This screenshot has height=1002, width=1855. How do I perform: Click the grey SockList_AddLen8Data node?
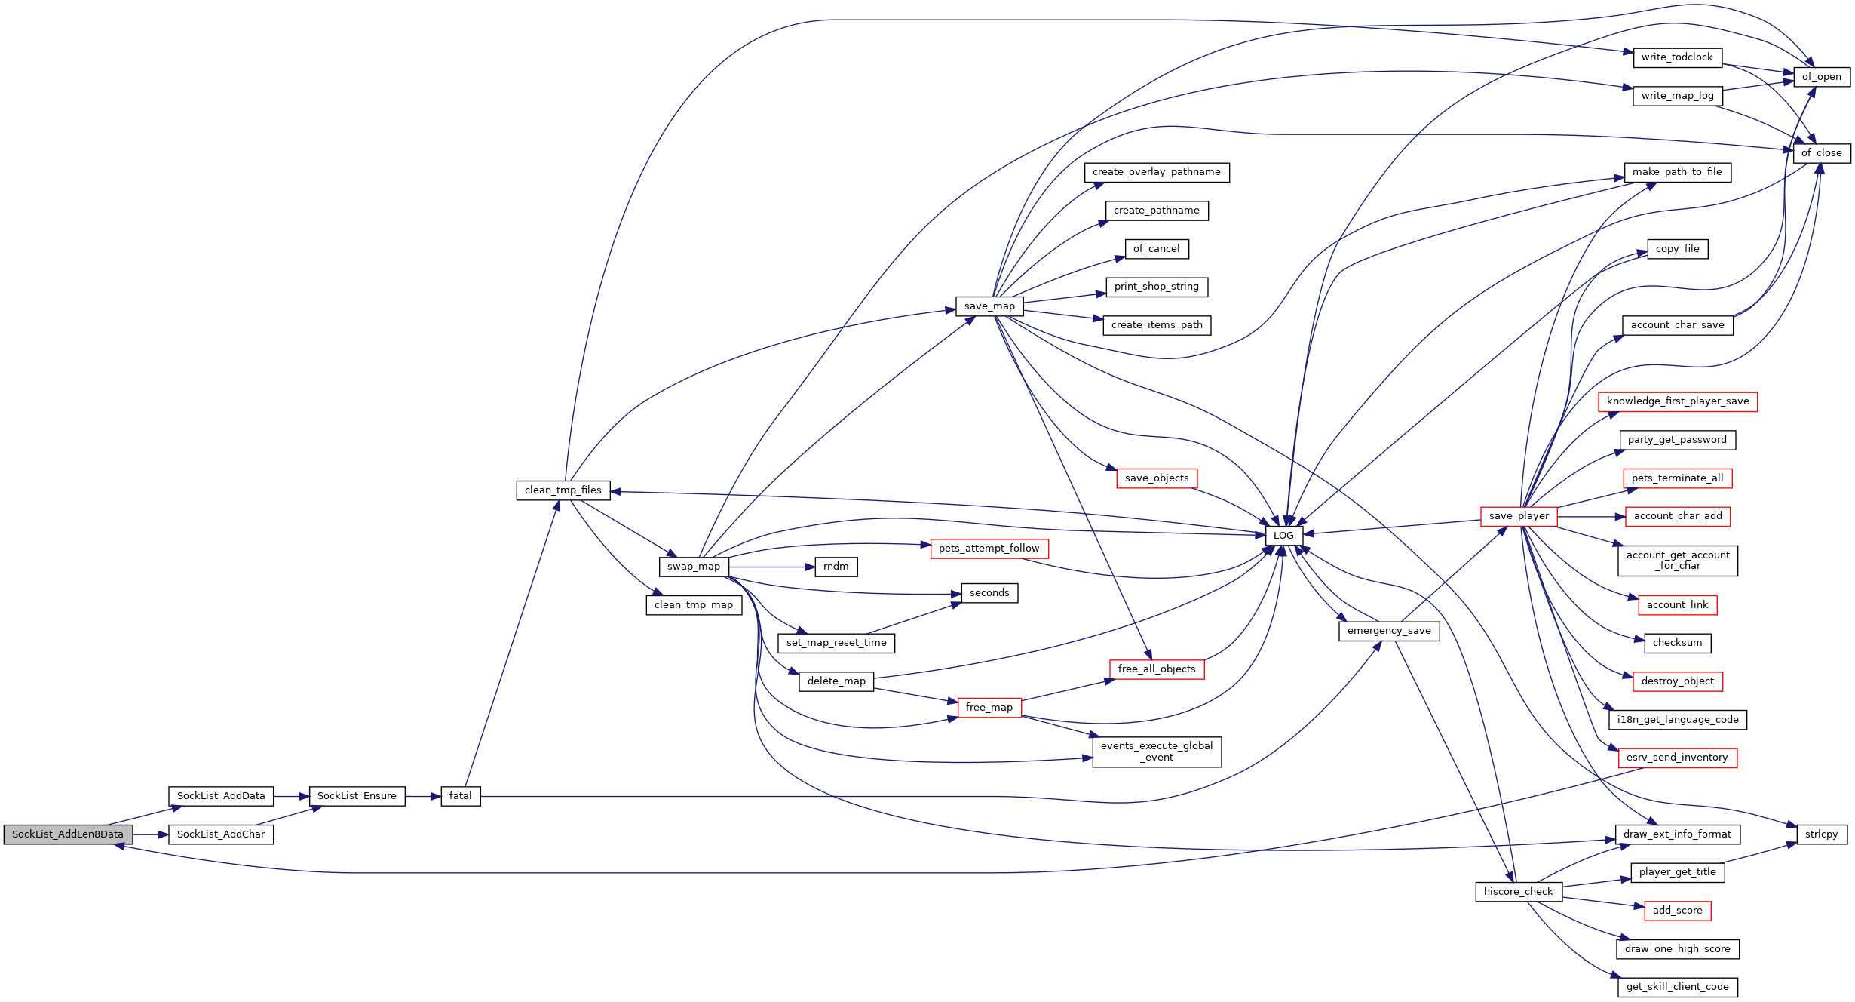(68, 834)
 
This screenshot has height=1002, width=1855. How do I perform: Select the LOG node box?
(1283, 536)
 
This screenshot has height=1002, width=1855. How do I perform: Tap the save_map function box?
(989, 306)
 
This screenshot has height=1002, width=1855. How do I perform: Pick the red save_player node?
(1519, 516)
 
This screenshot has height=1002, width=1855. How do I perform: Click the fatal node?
(461, 796)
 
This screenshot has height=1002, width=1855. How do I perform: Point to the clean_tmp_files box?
(563, 490)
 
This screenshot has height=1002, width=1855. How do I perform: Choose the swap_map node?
(694, 567)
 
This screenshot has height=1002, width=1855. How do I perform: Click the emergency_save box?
(1389, 631)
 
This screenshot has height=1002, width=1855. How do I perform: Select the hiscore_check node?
(1519, 892)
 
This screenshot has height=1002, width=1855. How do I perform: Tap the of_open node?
(1822, 77)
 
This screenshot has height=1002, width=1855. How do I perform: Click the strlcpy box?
(1822, 834)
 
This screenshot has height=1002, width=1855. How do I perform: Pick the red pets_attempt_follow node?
(989, 549)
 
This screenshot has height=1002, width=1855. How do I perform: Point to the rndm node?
(836, 567)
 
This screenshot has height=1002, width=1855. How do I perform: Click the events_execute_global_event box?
(1157, 751)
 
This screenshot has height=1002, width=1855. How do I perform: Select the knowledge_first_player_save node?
(1678, 401)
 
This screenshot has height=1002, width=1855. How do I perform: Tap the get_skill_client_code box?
(1678, 987)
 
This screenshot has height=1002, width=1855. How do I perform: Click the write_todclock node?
(1677, 57)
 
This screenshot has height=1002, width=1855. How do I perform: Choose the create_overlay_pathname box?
(1157, 172)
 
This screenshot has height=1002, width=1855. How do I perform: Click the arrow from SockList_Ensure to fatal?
(423, 796)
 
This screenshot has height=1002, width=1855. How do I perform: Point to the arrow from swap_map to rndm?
(771, 567)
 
